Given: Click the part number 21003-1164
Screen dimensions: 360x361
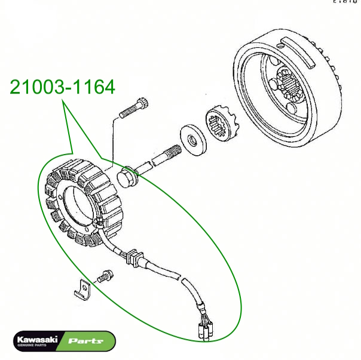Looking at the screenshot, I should [62, 87].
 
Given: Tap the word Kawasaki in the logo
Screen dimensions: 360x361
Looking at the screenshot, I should [36, 339].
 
